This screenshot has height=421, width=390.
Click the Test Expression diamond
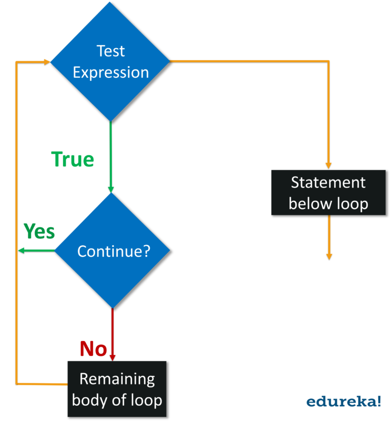click(110, 61)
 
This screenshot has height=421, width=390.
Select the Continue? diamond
click(112, 251)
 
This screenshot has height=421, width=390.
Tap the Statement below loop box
click(328, 193)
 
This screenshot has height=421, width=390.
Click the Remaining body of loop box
click(117, 389)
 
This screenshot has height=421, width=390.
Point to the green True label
click(73, 160)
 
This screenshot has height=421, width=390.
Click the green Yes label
click(40, 231)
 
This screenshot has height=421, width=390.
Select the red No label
click(93, 349)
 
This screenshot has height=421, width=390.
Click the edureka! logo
click(343, 402)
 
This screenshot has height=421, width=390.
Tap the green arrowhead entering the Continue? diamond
click(111, 189)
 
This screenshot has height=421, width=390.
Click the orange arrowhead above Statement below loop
click(329, 165)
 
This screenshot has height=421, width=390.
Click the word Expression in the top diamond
click(111, 72)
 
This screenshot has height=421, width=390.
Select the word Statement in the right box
click(328, 182)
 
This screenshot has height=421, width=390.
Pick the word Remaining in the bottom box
click(117, 379)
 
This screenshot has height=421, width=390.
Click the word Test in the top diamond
click(111, 51)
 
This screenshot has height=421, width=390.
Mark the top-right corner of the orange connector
click(329, 62)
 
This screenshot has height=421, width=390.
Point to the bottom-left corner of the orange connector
click(17, 383)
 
